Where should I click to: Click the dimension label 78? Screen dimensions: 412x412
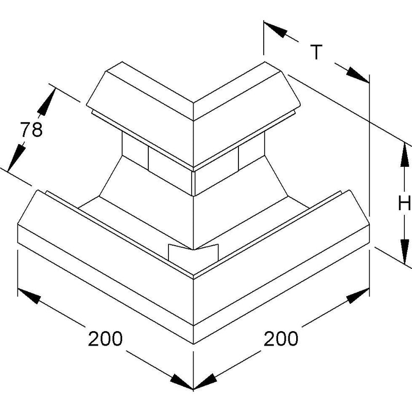[x=31, y=129]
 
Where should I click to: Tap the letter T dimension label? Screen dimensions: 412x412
[x=316, y=52]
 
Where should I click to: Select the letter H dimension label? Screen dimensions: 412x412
[x=404, y=203]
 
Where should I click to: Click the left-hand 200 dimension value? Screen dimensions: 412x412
[x=105, y=338]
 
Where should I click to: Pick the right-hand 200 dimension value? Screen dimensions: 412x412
[x=281, y=338]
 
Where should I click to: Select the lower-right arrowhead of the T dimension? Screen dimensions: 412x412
[x=358, y=75]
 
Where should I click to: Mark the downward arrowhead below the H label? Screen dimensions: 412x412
[x=405, y=251]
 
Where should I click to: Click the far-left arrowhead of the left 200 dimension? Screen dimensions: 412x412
[x=29, y=296]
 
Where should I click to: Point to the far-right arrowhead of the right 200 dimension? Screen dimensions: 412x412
[x=358, y=295]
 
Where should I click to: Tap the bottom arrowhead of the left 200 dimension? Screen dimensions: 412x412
[x=182, y=382]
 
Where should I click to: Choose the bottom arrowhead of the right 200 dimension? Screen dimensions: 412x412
[x=205, y=382]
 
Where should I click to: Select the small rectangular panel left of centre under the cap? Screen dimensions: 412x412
[x=135, y=150]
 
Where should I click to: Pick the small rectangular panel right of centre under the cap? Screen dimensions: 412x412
[x=251, y=150]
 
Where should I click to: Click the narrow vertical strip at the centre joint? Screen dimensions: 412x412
[x=194, y=184]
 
